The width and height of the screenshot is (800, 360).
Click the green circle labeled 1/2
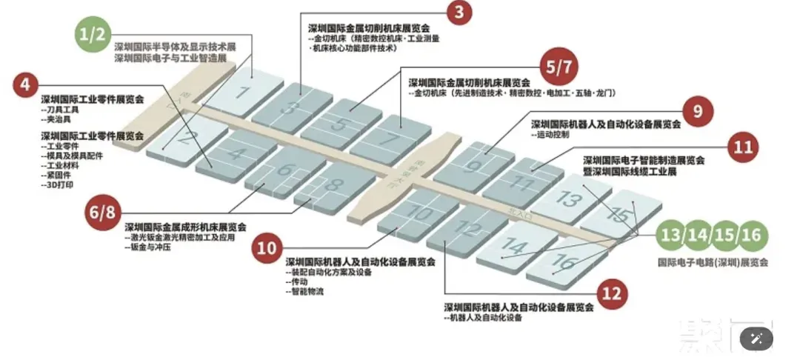click(x=93, y=34)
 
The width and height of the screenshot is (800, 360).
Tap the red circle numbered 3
click(x=459, y=12)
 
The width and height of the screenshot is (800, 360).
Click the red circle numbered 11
click(x=744, y=147)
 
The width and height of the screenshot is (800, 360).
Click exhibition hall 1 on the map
click(x=240, y=92)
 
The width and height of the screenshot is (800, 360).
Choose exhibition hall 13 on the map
click(x=570, y=198)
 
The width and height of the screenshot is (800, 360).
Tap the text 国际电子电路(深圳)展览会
click(x=713, y=261)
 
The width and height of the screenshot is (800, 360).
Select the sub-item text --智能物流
click(x=304, y=292)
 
